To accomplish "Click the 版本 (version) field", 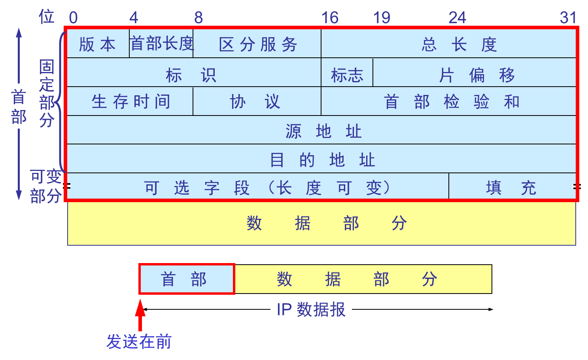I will coord(97,44).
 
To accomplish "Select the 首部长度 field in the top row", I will coord(161,44).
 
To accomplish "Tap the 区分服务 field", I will coord(257,44).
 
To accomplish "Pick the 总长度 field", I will coord(459,44).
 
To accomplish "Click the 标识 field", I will coord(191,75).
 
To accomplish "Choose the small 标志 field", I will coord(347,75).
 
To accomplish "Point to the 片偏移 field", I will coord(476,75).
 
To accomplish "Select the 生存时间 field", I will coord(130,102).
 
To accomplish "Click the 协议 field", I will coord(255,102).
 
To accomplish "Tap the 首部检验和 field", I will coord(451,102).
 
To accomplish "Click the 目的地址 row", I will coord(322,159).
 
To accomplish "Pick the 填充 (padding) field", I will coord(511,188).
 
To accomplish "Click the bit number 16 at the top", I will coord(330,18).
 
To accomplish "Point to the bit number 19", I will coord(382,18).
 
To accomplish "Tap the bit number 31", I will coord(568,18).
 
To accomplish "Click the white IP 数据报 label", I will coord(311,309).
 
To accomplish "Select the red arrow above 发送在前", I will coord(140,315).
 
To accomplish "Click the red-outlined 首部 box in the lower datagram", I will coord(187,279).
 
